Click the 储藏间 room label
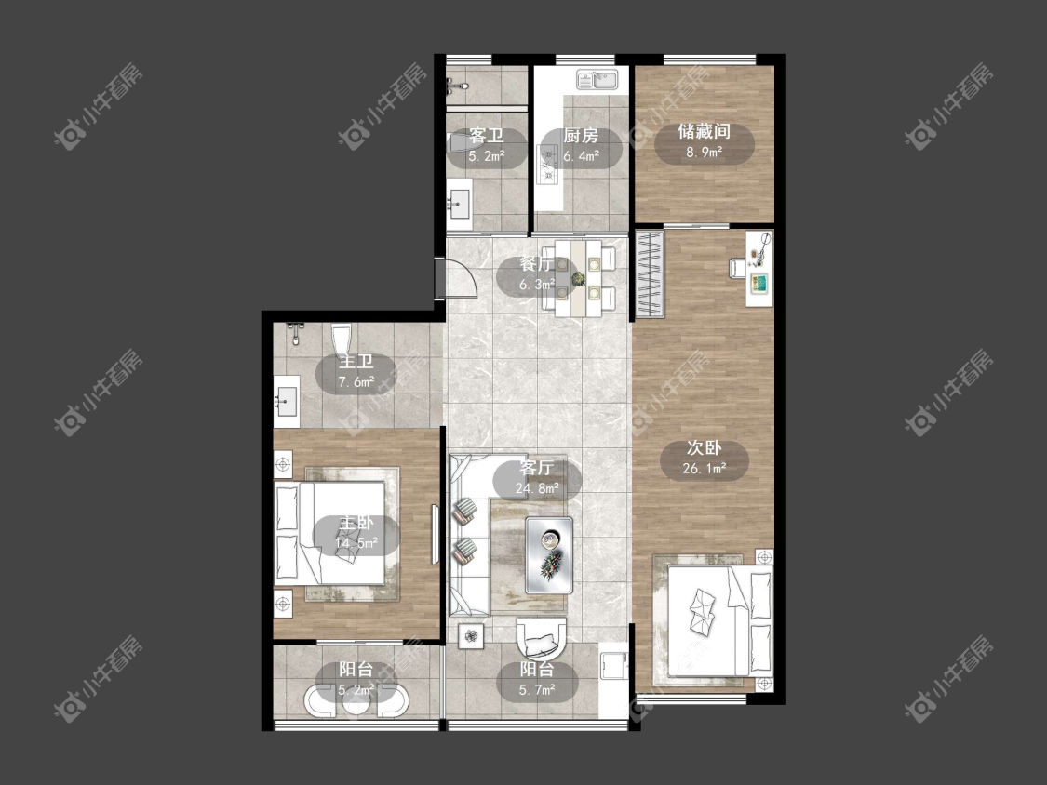click(x=704, y=131)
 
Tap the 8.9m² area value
click(x=704, y=153)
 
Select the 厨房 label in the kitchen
click(x=580, y=136)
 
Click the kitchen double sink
click(x=599, y=80)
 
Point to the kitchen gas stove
click(x=548, y=165)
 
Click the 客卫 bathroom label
click(x=486, y=136)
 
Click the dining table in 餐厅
click(x=578, y=278)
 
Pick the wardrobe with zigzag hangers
click(x=650, y=273)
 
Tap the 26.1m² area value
click(x=705, y=469)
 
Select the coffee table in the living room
click(x=549, y=555)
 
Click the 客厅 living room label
click(x=537, y=468)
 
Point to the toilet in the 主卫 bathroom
click(x=341, y=339)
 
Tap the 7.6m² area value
click(x=356, y=382)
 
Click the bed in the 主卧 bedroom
click(x=329, y=533)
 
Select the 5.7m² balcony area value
click(x=537, y=689)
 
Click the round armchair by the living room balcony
click(x=542, y=640)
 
